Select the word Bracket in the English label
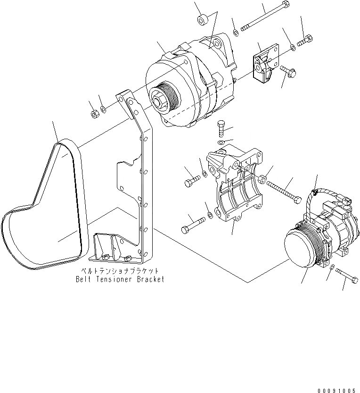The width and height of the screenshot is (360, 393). click(x=151, y=279)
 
